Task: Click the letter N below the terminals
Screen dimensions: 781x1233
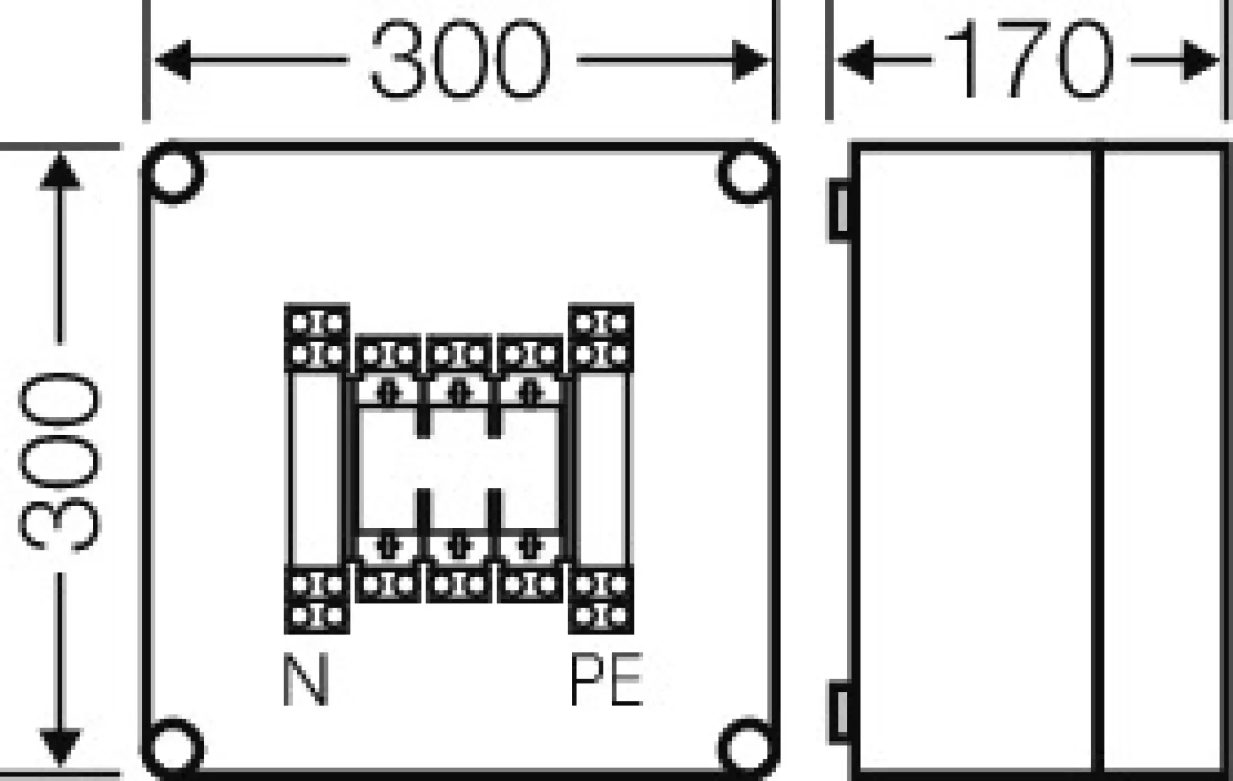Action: tap(306, 680)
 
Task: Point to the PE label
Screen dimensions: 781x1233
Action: tap(606, 680)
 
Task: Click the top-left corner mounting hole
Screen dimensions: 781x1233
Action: tap(174, 173)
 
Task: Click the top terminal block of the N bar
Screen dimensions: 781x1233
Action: tap(317, 338)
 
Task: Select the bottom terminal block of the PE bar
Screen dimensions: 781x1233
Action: tap(601, 600)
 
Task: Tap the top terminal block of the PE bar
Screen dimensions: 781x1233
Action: tap(601, 338)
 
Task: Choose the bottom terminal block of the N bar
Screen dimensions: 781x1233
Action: tap(317, 600)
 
